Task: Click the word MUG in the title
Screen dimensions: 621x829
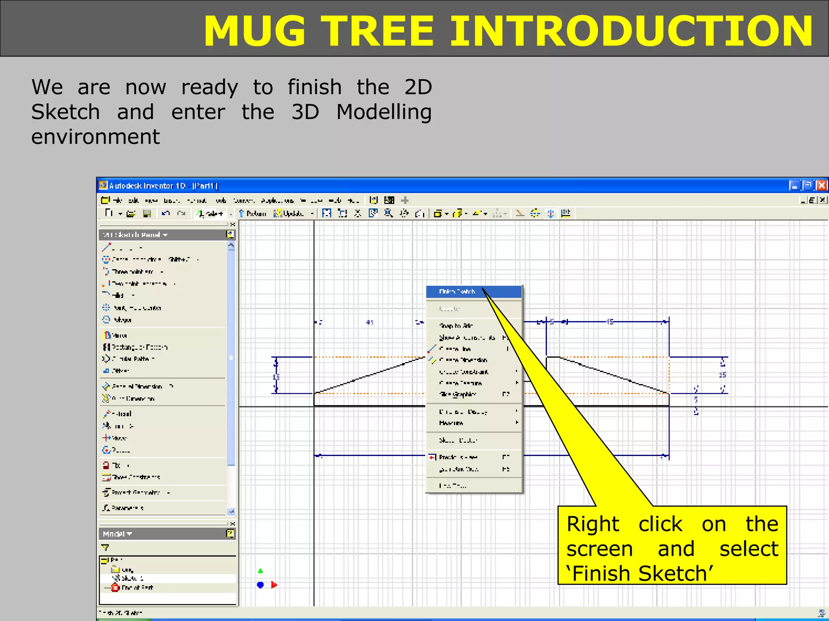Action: pos(255,32)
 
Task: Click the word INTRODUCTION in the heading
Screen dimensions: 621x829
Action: pos(631,32)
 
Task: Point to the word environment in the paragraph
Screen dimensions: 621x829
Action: pos(96,137)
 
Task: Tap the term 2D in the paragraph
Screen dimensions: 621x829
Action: pos(418,87)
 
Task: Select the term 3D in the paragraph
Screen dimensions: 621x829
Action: pos(305,112)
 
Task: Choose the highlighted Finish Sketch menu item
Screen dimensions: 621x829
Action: pos(457,291)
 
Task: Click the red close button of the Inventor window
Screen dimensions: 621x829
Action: pos(821,186)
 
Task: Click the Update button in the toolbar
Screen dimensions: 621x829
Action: pos(289,213)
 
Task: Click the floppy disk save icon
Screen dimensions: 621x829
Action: pos(147,213)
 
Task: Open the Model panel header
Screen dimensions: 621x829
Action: pos(117,534)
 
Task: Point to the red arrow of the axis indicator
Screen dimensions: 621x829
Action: pos(274,585)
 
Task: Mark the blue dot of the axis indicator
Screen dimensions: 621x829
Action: pos(260,585)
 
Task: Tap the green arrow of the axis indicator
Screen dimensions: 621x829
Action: pos(261,571)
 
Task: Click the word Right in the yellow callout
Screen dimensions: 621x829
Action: pos(593,524)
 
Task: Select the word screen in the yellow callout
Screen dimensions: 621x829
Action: pos(599,549)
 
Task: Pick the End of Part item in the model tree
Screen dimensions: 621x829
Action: pos(136,587)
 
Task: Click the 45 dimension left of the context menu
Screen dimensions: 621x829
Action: pos(370,322)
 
